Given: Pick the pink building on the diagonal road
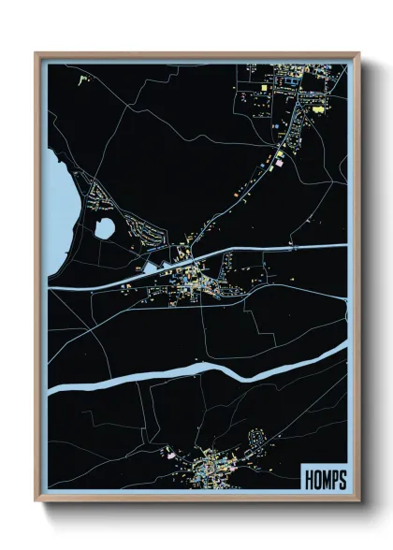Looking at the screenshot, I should [x=277, y=161].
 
